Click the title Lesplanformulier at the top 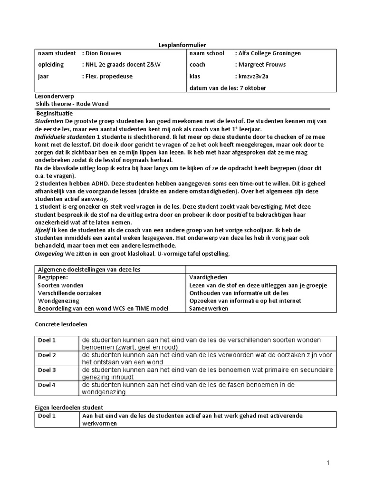182,45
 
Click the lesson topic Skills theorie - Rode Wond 76,104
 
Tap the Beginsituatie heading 55,114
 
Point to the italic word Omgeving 49,254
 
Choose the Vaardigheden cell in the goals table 208,277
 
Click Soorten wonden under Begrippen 60,285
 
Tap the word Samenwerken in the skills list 208,309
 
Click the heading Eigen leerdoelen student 69,408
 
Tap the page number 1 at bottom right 328,463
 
